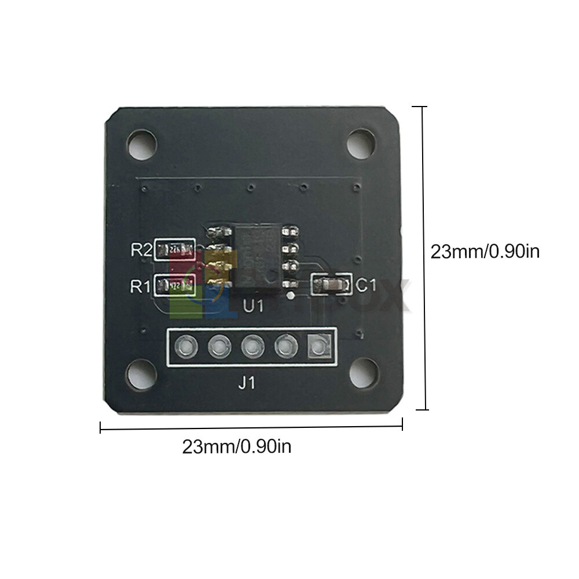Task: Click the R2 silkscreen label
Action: (141, 250)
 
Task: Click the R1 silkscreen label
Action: (141, 285)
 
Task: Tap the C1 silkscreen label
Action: (366, 285)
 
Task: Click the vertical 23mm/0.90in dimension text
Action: (485, 251)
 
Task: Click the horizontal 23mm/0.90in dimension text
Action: (237, 447)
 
